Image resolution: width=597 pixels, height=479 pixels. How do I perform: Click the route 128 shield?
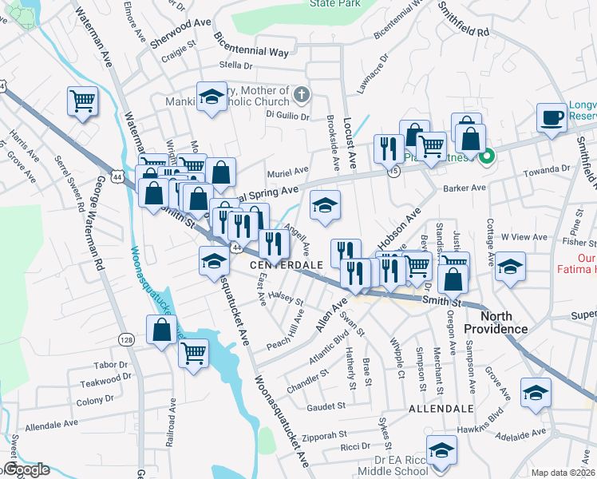pyautogui.click(x=128, y=318)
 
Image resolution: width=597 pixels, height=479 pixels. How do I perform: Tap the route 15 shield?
pyautogui.click(x=393, y=172)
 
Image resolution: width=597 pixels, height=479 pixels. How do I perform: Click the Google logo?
pyautogui.click(x=26, y=470)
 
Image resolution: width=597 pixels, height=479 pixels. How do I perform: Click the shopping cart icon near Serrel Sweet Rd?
pyautogui.click(x=82, y=101)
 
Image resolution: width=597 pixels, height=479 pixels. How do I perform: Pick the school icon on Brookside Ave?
pyautogui.click(x=325, y=206)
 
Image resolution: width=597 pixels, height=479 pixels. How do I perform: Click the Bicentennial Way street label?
pyautogui.click(x=251, y=43)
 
